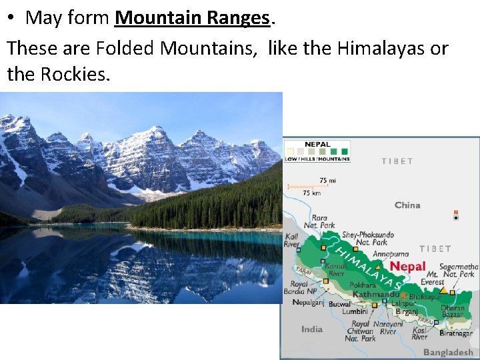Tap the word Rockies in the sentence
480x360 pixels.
click(74, 73)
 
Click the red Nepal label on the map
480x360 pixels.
click(407, 266)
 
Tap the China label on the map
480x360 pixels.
click(407, 205)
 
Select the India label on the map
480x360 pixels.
click(312, 329)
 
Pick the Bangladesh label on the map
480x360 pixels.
click(447, 352)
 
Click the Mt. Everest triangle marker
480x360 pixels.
click(443, 290)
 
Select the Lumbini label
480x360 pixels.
click(355, 311)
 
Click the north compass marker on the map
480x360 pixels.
click(456, 216)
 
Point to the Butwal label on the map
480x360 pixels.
click(339, 304)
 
